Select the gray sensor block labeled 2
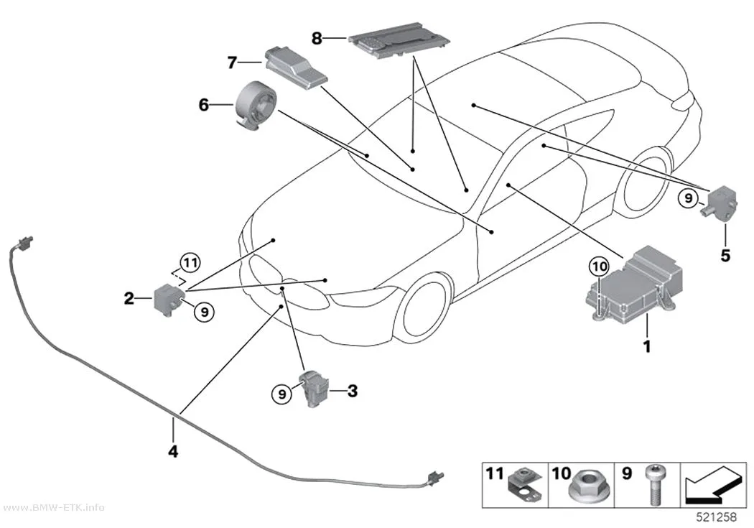point(167,299)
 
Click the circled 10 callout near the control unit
point(599,267)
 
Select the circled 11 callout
point(190,263)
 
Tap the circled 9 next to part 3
point(281,394)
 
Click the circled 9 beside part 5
point(689,198)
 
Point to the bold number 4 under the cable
point(173,451)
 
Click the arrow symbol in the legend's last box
point(714,485)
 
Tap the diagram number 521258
point(717,517)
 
